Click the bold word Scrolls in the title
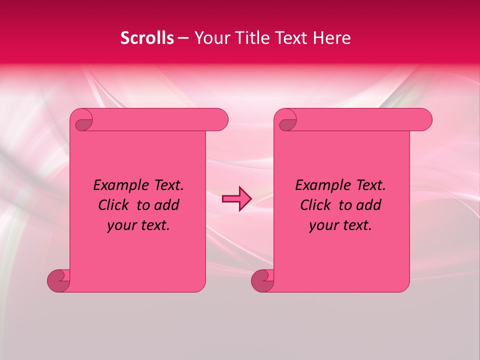click(147, 38)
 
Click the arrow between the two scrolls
click(236, 199)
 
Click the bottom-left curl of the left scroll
click(58, 280)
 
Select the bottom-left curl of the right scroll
click(262, 280)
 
